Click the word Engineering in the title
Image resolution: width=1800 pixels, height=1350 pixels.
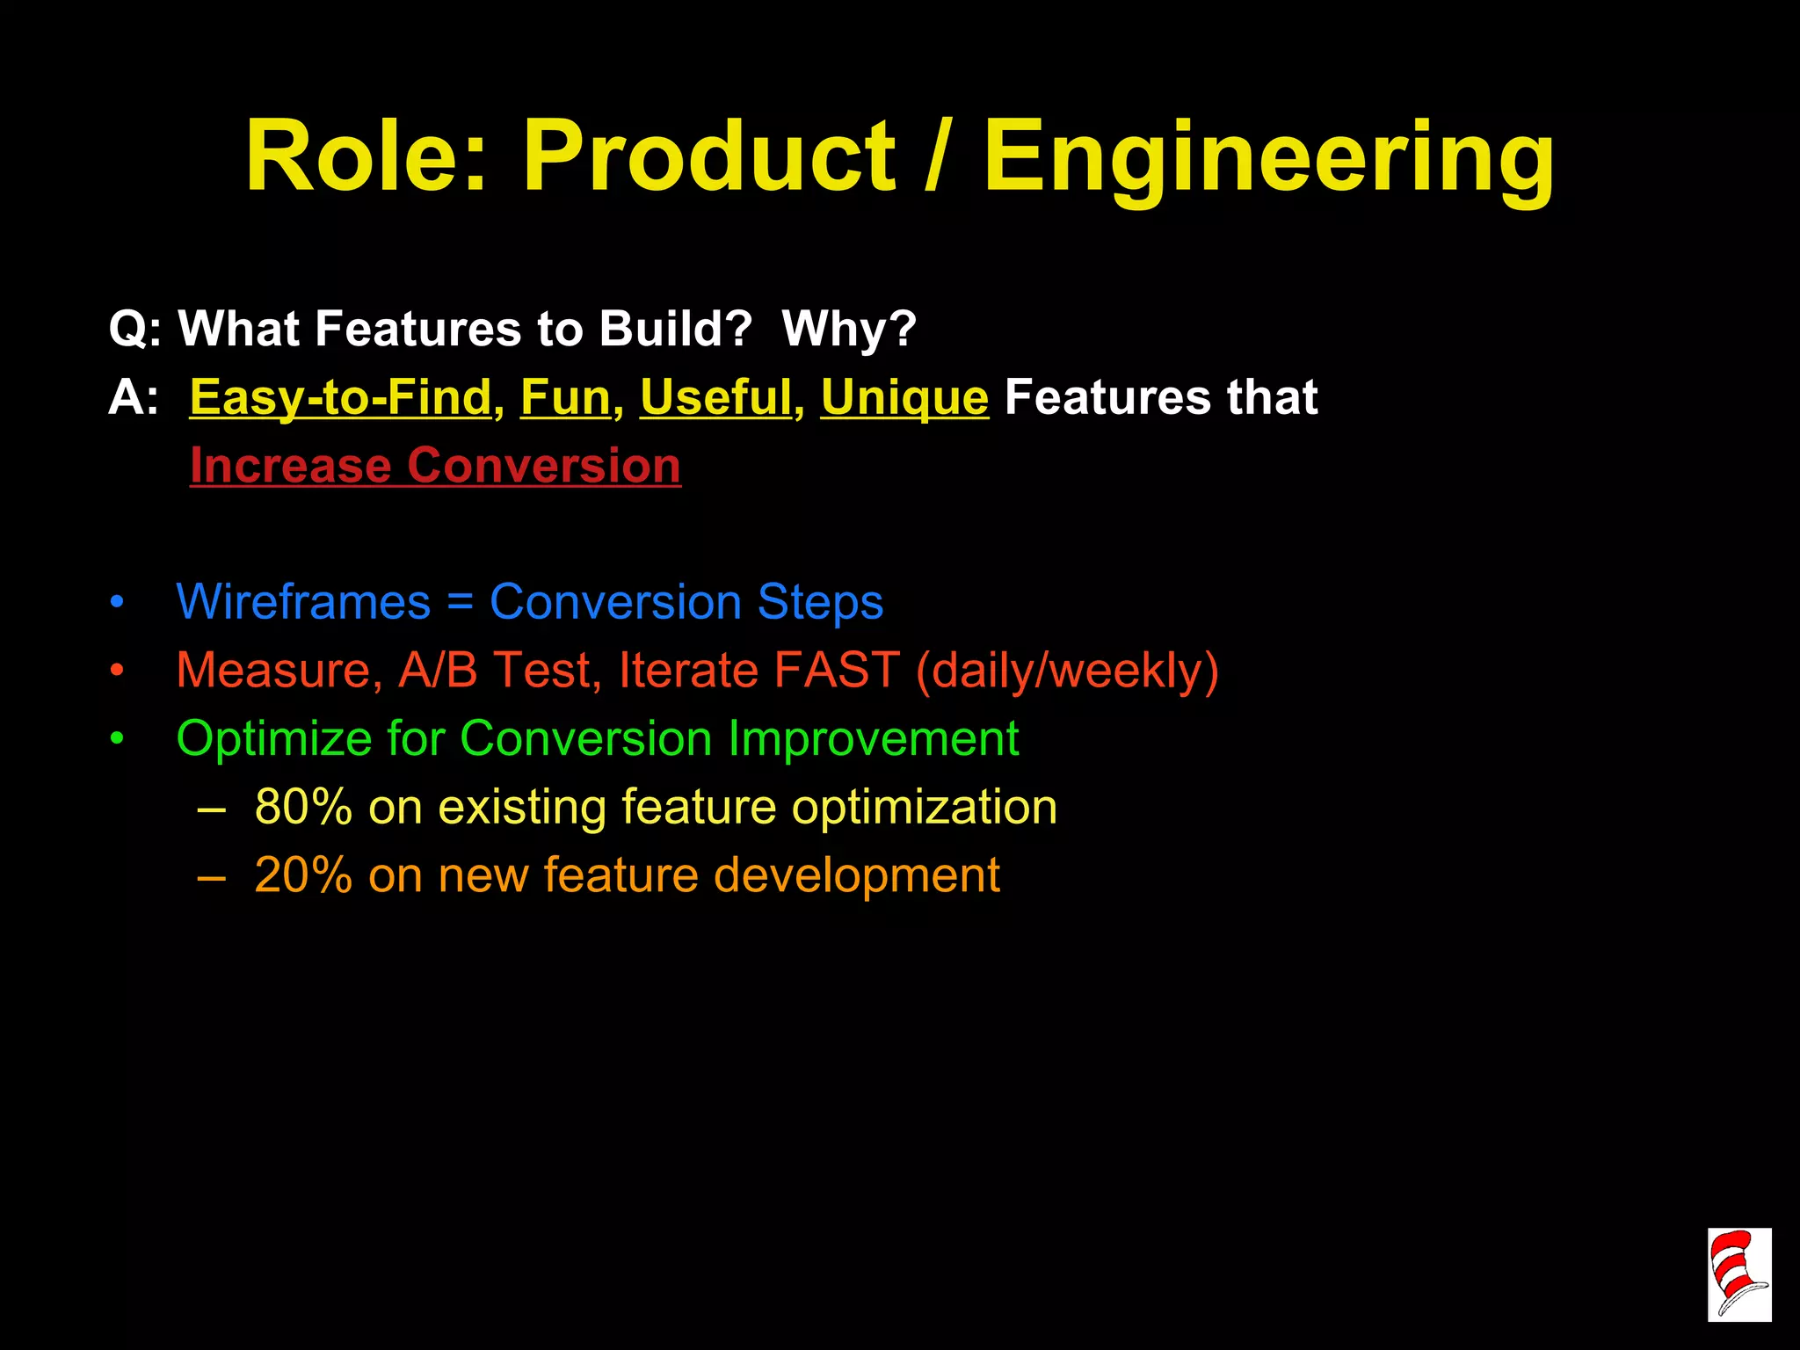(x=1268, y=158)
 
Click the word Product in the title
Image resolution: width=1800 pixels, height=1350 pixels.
(x=708, y=158)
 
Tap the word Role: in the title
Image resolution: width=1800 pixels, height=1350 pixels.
(x=366, y=158)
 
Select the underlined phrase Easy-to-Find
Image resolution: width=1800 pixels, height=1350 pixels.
(x=340, y=397)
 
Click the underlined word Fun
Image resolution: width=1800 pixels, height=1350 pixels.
(x=565, y=397)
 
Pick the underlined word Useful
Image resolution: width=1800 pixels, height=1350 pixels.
(x=715, y=397)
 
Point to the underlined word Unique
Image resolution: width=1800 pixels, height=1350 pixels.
(x=904, y=397)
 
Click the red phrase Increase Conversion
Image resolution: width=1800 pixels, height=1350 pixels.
(x=435, y=465)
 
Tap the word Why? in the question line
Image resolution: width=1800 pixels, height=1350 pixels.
(x=849, y=329)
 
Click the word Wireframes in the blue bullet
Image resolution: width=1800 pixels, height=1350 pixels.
(x=303, y=602)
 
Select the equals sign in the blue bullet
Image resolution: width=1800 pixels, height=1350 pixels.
(x=460, y=604)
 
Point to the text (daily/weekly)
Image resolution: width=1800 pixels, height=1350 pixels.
(x=1067, y=671)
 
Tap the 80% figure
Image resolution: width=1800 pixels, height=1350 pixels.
(x=303, y=807)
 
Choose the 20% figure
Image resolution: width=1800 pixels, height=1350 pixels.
(x=303, y=875)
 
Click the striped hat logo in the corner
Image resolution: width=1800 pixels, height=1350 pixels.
(x=1738, y=1274)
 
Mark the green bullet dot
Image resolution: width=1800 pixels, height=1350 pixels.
(x=118, y=739)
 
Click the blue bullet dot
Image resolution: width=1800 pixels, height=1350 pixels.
(x=118, y=603)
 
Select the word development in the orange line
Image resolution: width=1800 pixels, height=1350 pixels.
(x=856, y=875)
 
